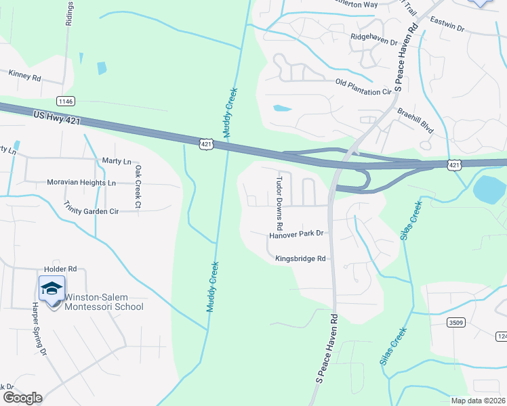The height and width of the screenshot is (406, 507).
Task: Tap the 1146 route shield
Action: pyautogui.click(x=66, y=101)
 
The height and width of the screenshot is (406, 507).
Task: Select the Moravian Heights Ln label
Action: pyautogui.click(x=81, y=183)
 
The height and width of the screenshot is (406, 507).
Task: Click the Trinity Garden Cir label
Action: pyautogui.click(x=91, y=207)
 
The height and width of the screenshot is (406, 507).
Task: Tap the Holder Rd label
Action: pyautogui.click(x=60, y=269)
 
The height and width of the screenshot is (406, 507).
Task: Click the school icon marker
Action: pyautogui.click(x=52, y=289)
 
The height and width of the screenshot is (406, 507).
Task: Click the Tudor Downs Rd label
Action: pyautogui.click(x=279, y=202)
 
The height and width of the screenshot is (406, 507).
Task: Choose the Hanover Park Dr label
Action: pyautogui.click(x=297, y=234)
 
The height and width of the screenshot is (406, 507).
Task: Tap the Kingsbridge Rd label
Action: pyautogui.click(x=301, y=258)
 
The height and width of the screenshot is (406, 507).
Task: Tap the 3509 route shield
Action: pyautogui.click(x=455, y=323)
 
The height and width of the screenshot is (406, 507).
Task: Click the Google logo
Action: pyautogui.click(x=22, y=398)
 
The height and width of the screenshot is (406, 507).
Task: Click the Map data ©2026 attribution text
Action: pyautogui.click(x=478, y=401)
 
